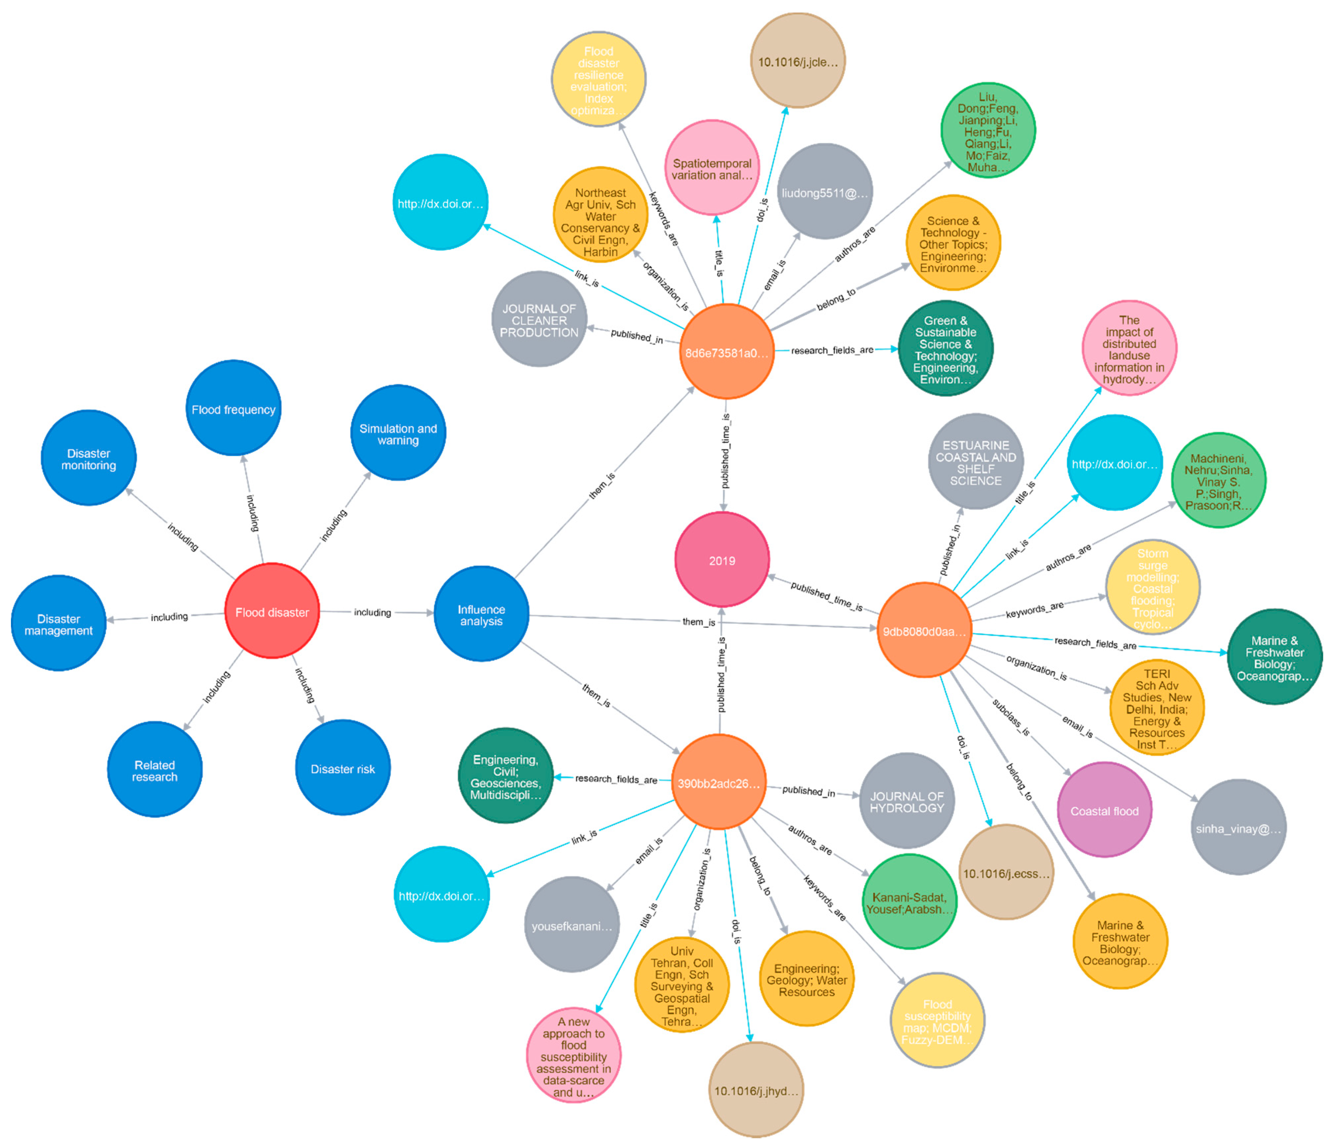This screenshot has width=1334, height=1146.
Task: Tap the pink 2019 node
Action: [x=722, y=560]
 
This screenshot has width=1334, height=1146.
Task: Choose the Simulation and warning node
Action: [x=398, y=433]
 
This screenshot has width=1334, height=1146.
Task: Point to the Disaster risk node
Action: [x=342, y=768]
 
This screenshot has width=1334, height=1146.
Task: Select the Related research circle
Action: [x=155, y=770]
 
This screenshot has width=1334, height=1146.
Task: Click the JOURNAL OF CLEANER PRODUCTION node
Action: [x=539, y=320]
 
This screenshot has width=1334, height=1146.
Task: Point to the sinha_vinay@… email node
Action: [x=1238, y=828]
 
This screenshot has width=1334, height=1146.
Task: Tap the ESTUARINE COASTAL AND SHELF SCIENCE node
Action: [x=975, y=462]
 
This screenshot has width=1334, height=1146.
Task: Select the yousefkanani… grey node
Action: [x=572, y=925]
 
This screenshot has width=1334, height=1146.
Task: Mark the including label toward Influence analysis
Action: [x=372, y=612]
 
